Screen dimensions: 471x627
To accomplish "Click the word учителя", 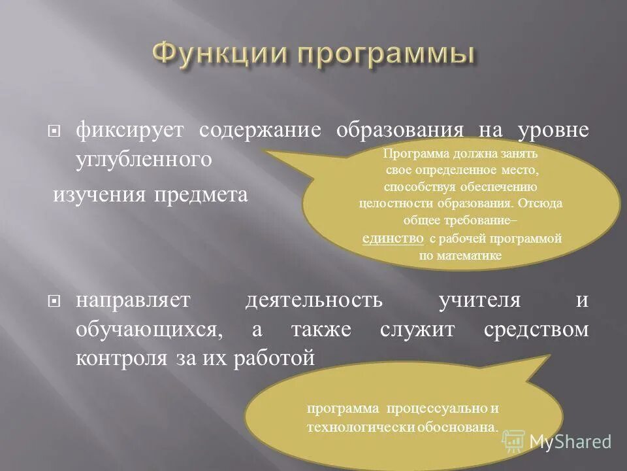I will tap(480, 300).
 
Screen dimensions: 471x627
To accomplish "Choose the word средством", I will tap(536, 329).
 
